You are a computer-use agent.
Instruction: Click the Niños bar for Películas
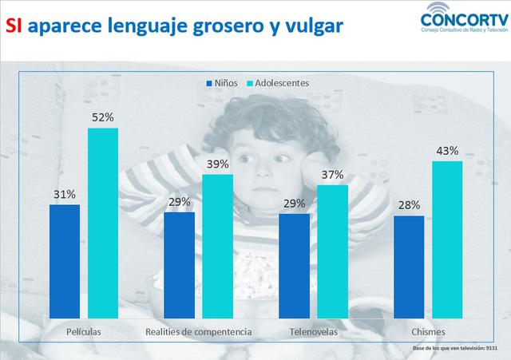click(x=64, y=261)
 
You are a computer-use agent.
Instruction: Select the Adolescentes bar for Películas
click(x=102, y=223)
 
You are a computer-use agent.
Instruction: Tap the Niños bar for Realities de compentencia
click(x=179, y=265)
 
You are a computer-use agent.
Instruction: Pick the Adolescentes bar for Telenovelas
click(x=333, y=251)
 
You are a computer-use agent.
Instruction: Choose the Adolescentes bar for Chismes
click(x=447, y=239)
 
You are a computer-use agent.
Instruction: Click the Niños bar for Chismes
click(x=409, y=267)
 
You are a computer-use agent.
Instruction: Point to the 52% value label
click(x=103, y=117)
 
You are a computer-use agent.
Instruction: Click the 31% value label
click(x=65, y=194)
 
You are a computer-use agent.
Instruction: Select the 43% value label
click(x=447, y=150)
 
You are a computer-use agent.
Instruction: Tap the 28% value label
click(x=409, y=205)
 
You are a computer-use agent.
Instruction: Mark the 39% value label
click(x=217, y=164)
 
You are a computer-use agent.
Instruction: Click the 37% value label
click(x=333, y=174)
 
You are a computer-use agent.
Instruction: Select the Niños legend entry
click(x=226, y=82)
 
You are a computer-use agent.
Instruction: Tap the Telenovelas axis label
click(x=313, y=330)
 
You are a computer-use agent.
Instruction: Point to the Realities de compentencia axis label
click(x=198, y=330)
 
